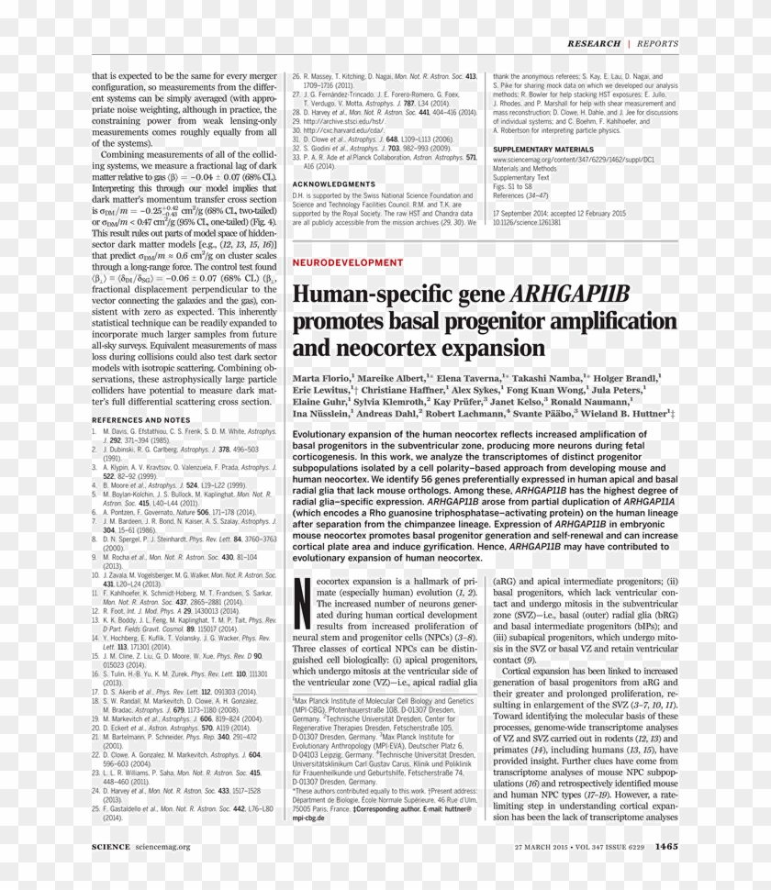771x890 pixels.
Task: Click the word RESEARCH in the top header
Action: coord(594,43)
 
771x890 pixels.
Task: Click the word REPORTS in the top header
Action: coord(658,43)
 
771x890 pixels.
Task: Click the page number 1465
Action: coord(666,846)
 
